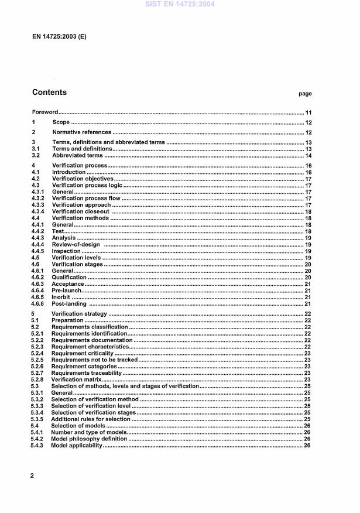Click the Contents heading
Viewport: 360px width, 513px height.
pos(49,93)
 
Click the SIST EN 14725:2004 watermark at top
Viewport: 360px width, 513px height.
pos(180,4)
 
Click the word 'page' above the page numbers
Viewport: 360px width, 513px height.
pos(305,94)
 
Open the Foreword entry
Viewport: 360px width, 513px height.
pos(44,112)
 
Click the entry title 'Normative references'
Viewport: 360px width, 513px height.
pos(81,132)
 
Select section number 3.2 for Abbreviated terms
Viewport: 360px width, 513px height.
pos(35,156)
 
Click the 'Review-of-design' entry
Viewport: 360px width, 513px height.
pos(76,244)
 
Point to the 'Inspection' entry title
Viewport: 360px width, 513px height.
pos(66,251)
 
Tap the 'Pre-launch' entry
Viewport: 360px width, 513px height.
pos(67,290)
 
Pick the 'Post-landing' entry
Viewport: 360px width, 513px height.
pos(69,304)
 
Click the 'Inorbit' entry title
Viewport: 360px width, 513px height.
pos(61,297)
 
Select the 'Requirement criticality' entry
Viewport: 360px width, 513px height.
pos(82,353)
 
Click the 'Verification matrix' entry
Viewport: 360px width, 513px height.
pos(77,379)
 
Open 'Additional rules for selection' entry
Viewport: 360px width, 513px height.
pos(91,419)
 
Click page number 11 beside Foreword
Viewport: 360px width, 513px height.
pos(308,112)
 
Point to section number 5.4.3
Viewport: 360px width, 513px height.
pos(37,445)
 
